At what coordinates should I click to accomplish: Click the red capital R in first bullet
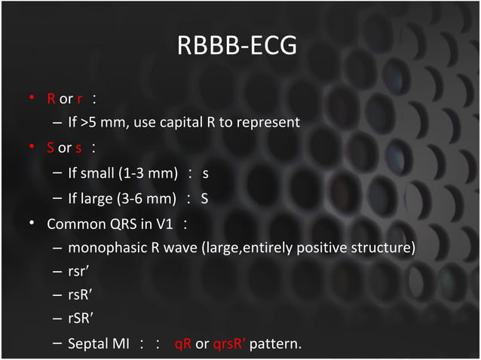[51, 99]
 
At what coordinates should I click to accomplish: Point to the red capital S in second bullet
[51, 148]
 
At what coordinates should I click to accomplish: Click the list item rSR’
[80, 320]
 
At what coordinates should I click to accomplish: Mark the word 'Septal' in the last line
[87, 345]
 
